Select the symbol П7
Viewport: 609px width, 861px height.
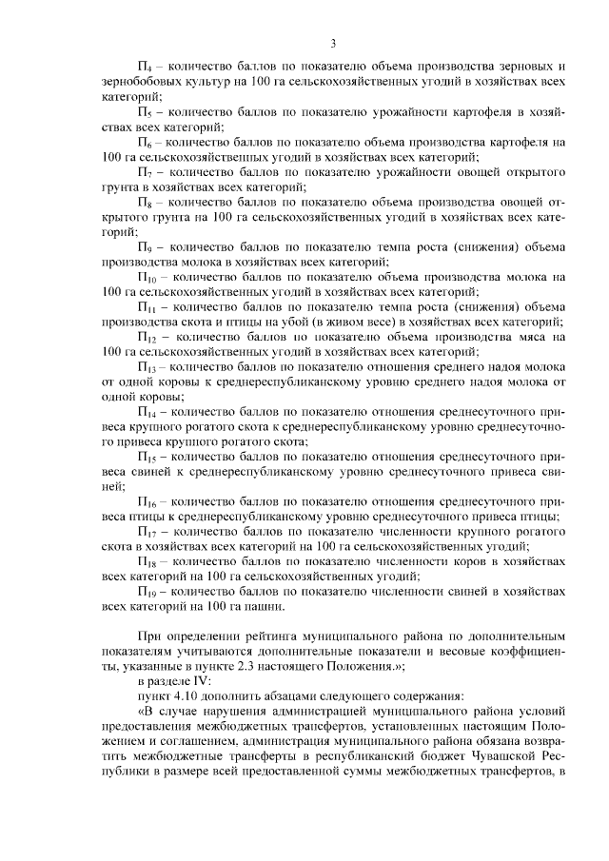[x=145, y=173]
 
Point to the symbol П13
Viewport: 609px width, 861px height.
[x=147, y=368]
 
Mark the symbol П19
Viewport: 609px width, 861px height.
[x=147, y=591]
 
